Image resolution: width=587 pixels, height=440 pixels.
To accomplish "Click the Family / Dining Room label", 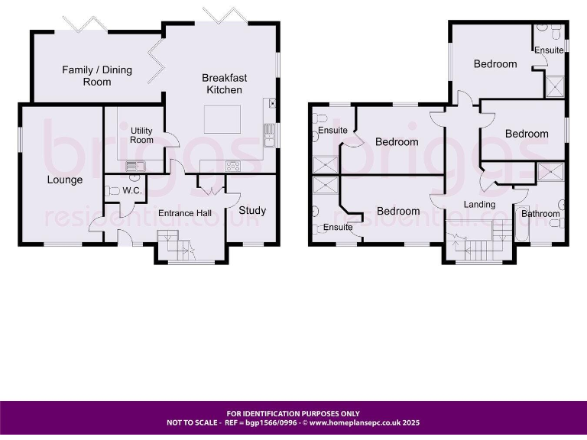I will pos(97,76).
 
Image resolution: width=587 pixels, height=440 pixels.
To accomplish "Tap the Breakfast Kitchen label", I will pos(224,84).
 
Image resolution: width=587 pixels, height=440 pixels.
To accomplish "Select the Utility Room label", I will pos(141,135).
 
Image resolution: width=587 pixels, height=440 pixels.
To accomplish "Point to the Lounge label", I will pos(65,180).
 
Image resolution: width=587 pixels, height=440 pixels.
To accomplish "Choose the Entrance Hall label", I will pos(185,212).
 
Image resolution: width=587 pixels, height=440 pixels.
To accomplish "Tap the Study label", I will pos(252,210).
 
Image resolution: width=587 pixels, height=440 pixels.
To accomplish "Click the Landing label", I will pos(479,204).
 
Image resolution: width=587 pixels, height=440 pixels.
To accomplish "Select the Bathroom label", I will pos(540,214).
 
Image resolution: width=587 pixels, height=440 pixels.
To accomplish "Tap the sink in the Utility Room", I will pos(132,166).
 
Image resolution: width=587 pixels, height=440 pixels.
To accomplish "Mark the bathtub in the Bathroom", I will pos(522,228).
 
